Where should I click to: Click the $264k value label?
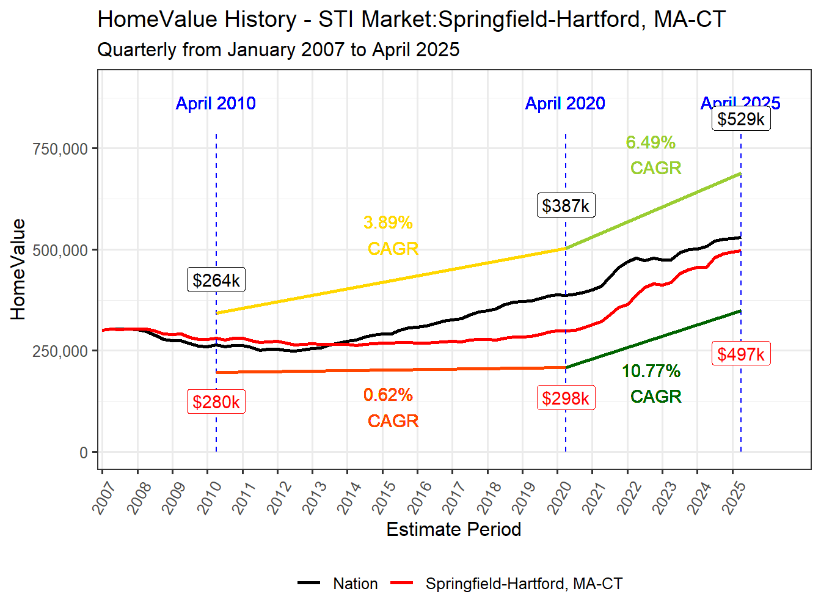tap(216, 280)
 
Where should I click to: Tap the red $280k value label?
tap(216, 402)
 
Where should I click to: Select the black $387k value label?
tap(566, 205)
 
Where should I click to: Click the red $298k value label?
tap(566, 398)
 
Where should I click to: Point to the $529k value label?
tap(741, 119)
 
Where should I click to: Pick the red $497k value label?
tap(741, 354)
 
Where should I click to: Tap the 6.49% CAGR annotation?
tap(652, 155)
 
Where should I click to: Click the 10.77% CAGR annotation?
tap(652, 383)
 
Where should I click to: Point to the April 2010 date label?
tap(216, 103)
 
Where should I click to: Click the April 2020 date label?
tap(565, 103)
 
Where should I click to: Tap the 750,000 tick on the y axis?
tap(60, 148)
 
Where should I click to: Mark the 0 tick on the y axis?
tap(84, 453)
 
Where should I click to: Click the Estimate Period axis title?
tap(454, 529)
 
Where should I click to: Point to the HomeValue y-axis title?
tap(18, 269)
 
